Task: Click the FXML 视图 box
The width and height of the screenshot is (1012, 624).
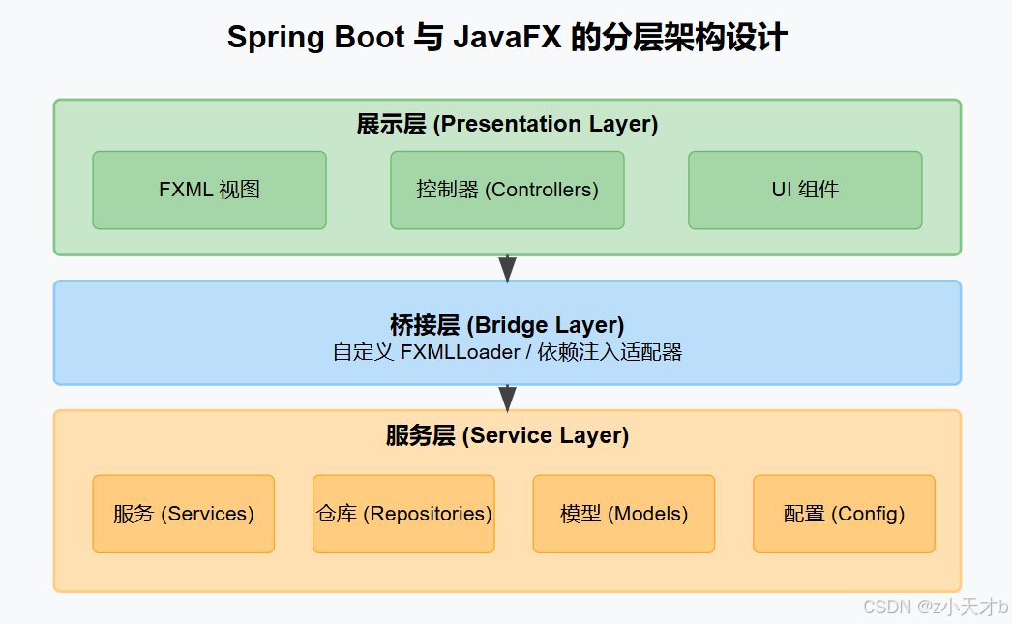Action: tap(209, 190)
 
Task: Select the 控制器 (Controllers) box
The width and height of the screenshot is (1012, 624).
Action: tap(507, 190)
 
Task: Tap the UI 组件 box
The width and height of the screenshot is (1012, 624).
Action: tap(805, 190)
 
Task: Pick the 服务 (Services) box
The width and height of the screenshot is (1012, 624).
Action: tap(184, 514)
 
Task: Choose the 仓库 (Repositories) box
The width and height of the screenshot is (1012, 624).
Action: tap(403, 514)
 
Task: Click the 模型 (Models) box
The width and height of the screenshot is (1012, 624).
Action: tap(624, 514)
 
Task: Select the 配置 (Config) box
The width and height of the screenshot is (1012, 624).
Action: tap(844, 514)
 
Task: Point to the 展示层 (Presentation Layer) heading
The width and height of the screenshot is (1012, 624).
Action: tap(507, 125)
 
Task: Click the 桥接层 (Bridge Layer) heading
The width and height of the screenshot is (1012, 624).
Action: tap(507, 325)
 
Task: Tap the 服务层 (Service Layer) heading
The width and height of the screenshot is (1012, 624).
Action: tap(507, 436)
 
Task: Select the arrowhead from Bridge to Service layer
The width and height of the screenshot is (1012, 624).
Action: tap(507, 399)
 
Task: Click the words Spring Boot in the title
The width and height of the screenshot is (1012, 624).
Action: tap(315, 38)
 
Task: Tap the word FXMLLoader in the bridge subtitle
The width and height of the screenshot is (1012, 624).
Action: tap(460, 352)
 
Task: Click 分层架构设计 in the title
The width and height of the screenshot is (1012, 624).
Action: tap(695, 38)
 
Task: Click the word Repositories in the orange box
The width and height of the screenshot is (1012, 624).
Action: tap(427, 514)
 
